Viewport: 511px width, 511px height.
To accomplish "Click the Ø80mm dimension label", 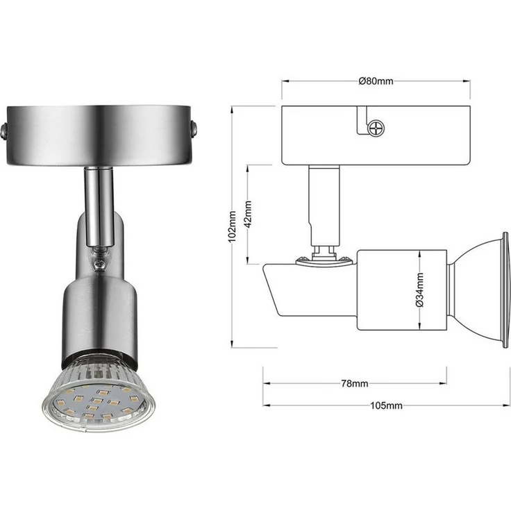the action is point(376,81).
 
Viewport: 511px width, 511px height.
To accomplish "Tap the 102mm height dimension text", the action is point(232,226).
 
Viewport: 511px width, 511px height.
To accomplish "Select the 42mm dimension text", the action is point(248,214).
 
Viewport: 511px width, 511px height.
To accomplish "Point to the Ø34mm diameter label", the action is point(420,290).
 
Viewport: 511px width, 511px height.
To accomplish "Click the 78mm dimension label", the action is point(355,383).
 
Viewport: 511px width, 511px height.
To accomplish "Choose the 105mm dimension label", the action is point(386,405).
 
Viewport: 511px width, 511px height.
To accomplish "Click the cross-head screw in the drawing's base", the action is point(376,127).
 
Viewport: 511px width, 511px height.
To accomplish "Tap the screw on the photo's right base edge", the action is point(194,128).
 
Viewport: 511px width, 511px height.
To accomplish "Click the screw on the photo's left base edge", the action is point(3,131).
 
